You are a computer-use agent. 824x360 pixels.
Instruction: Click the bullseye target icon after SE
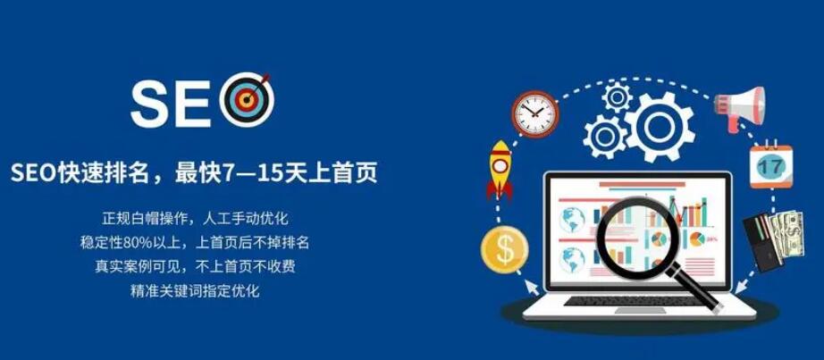coord(248,100)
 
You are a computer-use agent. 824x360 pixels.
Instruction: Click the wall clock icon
coord(535,114)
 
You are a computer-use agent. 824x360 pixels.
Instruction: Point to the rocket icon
coord(500,170)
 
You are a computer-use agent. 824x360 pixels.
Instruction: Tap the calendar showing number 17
coord(771,165)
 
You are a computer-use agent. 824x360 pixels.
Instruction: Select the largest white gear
coord(660,127)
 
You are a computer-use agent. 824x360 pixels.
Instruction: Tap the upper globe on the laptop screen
coord(572,220)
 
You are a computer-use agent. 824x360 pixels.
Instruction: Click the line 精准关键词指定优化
coord(195,290)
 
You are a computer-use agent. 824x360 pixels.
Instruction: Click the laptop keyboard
coord(631,301)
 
